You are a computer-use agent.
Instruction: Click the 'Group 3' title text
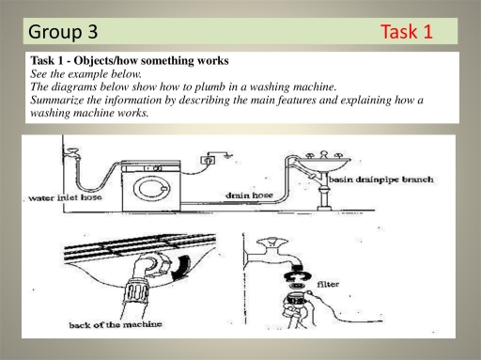point(63,31)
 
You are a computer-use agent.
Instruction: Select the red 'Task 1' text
point(407,32)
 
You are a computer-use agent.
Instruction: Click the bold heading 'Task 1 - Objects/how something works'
point(129,61)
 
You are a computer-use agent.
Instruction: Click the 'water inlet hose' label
point(65,198)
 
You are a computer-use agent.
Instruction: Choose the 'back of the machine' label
point(106,325)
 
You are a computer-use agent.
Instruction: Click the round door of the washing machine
point(151,188)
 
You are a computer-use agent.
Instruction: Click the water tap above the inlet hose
point(68,150)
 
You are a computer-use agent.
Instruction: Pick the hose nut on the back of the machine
point(146,282)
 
